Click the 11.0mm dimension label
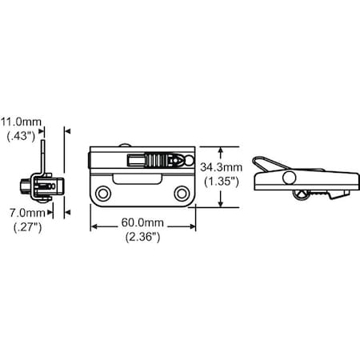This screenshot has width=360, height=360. coord(21,122)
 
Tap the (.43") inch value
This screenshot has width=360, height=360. coord(21,136)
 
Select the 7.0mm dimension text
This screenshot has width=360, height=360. coord(27,213)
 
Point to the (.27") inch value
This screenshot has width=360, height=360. coord(28,227)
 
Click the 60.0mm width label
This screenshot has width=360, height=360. coord(142,222)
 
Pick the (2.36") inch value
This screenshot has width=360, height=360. coord(143,237)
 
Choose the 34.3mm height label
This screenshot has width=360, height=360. coord(222,167)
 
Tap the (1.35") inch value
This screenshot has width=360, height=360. coord(222,182)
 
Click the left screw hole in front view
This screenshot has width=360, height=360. coord(103,194)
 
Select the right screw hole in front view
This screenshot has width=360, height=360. coord(182,194)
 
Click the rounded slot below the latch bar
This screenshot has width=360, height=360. coord(137,178)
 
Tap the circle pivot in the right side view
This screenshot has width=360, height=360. coord(289,178)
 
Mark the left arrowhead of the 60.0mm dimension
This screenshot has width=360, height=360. coord(94,226)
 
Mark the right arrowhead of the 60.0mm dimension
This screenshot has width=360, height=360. coord(193,226)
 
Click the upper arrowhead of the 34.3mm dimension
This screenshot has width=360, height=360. coord(220,150)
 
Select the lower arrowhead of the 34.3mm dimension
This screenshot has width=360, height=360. coord(220,204)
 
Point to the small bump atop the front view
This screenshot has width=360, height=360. coord(125,146)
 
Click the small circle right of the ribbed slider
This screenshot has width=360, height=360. coord(189,160)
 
